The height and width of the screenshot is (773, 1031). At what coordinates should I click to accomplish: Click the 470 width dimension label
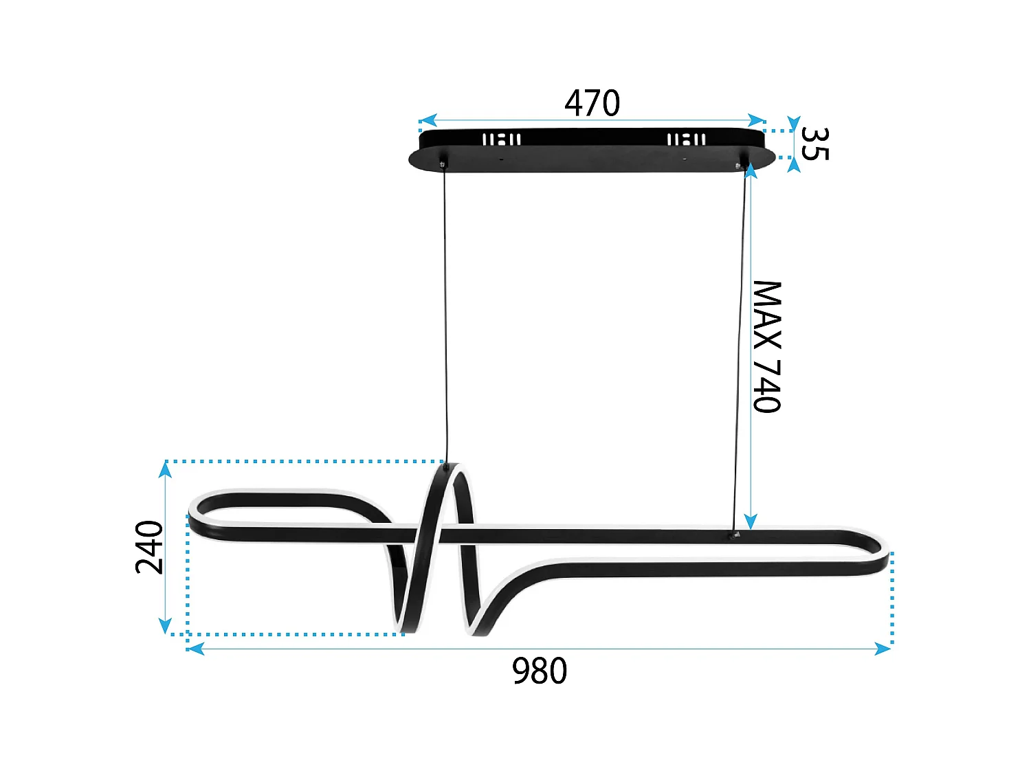tap(592, 103)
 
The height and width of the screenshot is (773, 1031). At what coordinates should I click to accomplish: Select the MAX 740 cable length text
tap(767, 346)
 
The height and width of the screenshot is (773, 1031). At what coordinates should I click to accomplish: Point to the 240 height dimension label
tap(149, 547)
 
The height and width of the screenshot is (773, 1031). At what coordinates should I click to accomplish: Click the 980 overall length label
tap(540, 671)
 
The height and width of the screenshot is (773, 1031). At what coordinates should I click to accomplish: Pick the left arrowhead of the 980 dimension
tap(196, 649)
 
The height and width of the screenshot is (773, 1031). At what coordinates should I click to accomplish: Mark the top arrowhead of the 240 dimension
tap(165, 469)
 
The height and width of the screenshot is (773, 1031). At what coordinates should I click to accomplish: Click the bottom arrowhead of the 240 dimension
tap(165, 625)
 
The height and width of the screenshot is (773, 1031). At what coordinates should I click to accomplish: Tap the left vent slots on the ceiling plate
tap(501, 139)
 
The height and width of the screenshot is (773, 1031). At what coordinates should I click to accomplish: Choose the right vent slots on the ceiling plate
tap(686, 139)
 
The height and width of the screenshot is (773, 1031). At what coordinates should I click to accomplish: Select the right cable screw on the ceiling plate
tap(740, 165)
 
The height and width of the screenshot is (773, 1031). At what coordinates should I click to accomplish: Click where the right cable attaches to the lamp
tap(735, 533)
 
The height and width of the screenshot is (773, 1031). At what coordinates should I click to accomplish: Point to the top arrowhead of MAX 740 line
tap(751, 170)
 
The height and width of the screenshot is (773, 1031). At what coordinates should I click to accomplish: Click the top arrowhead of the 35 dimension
tap(794, 124)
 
